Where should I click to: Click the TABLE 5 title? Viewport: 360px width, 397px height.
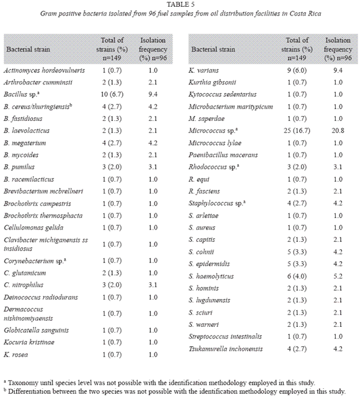click(181, 4)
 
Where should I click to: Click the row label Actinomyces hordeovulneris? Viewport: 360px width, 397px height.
click(44, 70)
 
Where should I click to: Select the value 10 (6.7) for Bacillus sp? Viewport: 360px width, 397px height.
click(112, 94)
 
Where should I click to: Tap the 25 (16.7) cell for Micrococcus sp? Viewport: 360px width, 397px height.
click(297, 131)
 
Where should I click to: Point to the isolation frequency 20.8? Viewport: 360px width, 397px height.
click(338, 131)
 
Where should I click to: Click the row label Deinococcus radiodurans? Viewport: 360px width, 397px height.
click(41, 297)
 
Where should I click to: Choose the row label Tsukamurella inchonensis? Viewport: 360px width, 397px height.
click(225, 349)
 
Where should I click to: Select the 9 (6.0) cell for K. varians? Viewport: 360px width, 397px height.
click(297, 70)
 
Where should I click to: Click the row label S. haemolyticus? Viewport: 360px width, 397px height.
click(211, 276)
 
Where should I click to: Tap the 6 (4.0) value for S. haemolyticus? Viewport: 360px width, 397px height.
click(297, 276)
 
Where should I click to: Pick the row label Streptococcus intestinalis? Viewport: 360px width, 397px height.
click(225, 336)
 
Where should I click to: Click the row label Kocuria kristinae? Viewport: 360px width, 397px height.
click(29, 342)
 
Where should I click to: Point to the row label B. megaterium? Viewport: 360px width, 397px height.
click(25, 143)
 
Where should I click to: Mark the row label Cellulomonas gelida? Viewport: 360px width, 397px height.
click(34, 228)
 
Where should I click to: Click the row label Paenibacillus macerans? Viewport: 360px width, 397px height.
click(223, 155)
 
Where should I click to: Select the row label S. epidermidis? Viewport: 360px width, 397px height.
click(209, 264)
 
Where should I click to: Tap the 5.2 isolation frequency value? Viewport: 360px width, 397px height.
click(338, 276)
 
